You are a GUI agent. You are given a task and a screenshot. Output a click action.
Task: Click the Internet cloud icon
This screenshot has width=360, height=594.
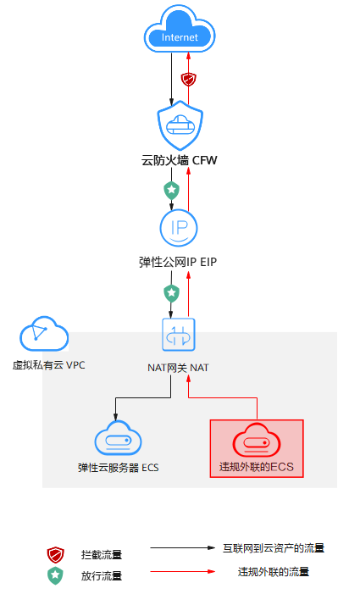click(x=180, y=30)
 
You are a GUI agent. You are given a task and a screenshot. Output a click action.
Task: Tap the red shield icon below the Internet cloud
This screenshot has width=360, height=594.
click(x=188, y=80)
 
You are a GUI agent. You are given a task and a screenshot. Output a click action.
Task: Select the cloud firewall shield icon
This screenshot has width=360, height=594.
click(x=180, y=125)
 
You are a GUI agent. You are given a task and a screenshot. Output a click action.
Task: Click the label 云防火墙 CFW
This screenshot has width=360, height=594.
click(x=179, y=160)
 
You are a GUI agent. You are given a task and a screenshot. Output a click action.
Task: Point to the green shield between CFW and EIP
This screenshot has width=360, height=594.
click(x=171, y=190)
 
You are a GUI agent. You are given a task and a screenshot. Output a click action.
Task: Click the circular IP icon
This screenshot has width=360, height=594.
click(x=179, y=228)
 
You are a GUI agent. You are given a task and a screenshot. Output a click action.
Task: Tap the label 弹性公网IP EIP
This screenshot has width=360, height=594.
click(x=178, y=262)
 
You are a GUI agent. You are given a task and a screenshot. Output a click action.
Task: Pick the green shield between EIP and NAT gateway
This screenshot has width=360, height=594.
click(x=171, y=293)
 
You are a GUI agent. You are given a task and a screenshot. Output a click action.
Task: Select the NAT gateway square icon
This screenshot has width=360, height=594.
click(x=179, y=335)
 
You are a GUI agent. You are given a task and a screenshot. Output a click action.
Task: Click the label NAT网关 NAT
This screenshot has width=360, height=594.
click(x=178, y=368)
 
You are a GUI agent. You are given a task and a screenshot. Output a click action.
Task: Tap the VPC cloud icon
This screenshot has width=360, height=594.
click(x=44, y=334)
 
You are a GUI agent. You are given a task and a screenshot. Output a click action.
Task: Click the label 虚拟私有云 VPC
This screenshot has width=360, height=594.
click(x=49, y=365)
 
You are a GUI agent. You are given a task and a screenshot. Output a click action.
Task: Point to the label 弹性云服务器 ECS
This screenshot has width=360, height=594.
click(x=118, y=468)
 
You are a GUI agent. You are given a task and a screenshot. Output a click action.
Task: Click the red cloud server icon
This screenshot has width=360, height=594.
click(x=257, y=440)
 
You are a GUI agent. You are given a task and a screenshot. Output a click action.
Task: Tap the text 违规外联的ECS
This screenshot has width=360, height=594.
click(x=257, y=467)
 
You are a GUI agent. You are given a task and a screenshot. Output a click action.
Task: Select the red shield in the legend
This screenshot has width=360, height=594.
click(x=55, y=555)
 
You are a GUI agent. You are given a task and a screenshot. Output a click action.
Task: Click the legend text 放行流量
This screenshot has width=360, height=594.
click(x=102, y=576)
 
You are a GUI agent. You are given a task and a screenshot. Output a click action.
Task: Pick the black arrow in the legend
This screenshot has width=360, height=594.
click(x=183, y=547)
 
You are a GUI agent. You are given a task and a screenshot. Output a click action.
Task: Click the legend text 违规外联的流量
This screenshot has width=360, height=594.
click(x=274, y=572)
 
